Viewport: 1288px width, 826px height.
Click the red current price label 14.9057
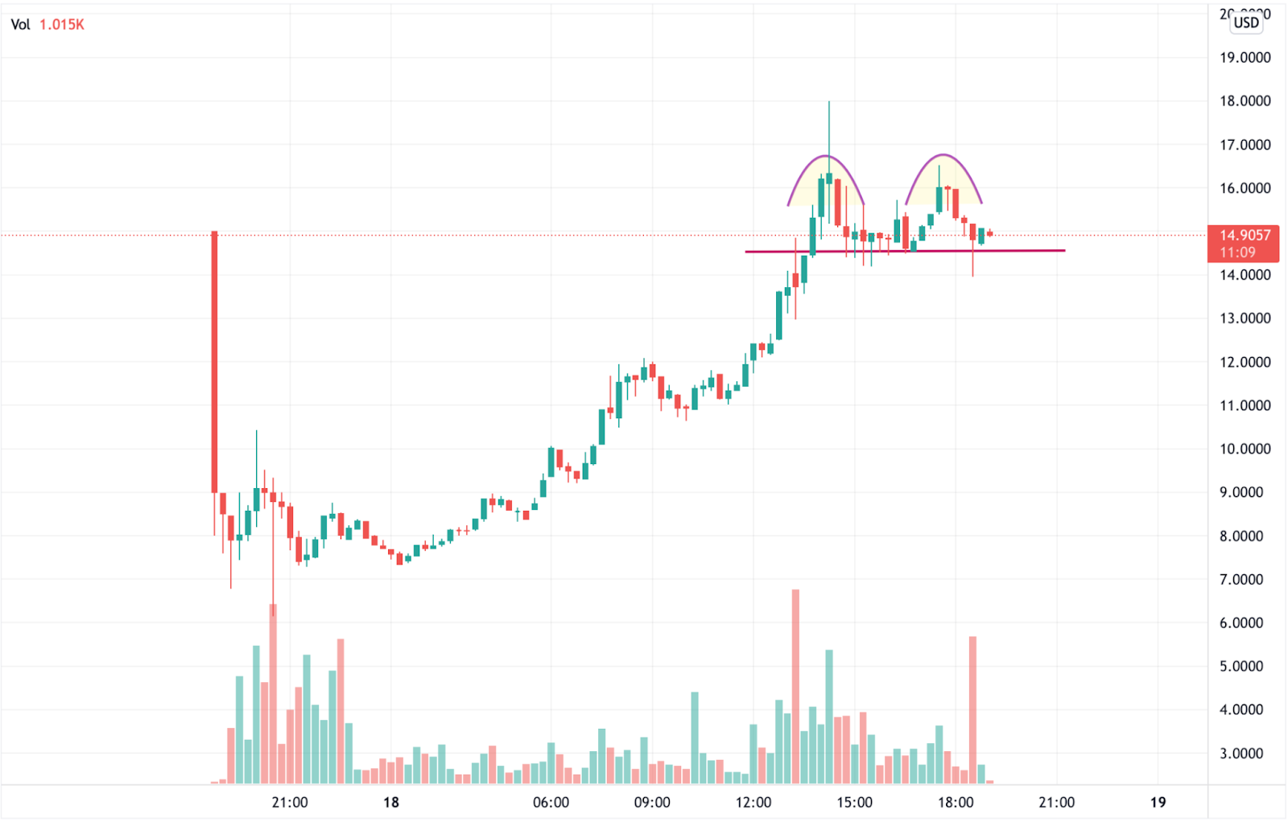click(1244, 236)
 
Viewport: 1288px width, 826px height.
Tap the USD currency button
click(1246, 23)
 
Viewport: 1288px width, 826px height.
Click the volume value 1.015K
click(62, 25)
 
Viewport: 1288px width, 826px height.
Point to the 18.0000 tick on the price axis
click(1245, 101)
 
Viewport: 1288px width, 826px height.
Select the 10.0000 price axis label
click(1245, 449)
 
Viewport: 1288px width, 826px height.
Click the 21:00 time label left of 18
click(290, 802)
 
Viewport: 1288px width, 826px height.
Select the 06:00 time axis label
click(551, 802)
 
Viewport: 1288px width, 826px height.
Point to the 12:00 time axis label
click(753, 802)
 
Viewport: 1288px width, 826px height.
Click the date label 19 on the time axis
click(1158, 802)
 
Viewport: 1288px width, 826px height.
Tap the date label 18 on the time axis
click(391, 802)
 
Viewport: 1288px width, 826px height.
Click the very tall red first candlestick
click(214, 362)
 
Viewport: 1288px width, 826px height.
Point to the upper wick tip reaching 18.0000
click(828, 103)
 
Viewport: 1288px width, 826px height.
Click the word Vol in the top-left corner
click(20, 25)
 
